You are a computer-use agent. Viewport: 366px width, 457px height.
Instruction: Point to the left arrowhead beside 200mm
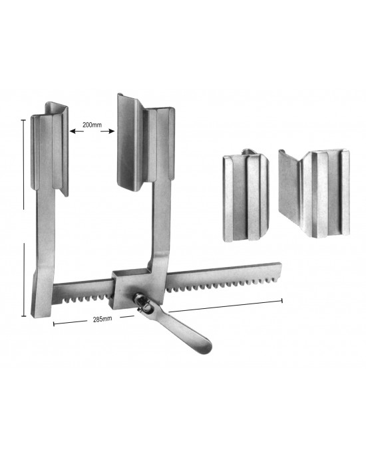71,132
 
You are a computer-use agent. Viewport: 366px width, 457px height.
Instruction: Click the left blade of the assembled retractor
55,149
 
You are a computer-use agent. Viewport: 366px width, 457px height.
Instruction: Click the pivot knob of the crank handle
141,300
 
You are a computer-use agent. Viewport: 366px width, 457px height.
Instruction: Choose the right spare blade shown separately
313,193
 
